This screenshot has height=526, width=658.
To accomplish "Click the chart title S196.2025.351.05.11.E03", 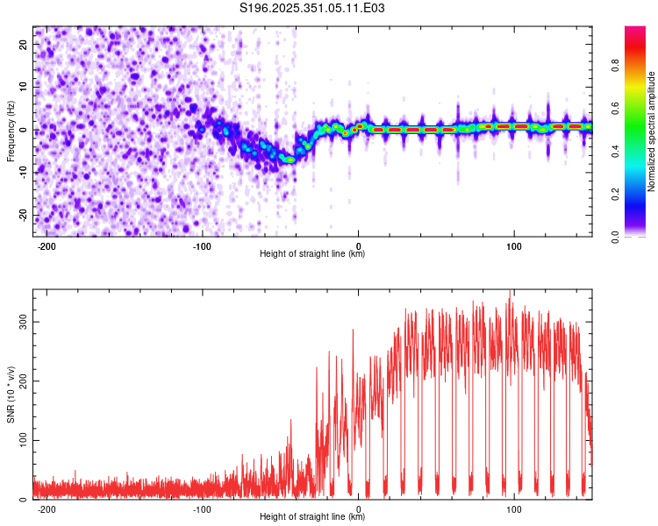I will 313,8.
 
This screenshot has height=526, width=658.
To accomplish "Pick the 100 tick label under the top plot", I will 514,245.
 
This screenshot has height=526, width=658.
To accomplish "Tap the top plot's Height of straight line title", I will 312,254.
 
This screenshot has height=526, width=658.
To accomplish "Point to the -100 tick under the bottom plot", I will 203,508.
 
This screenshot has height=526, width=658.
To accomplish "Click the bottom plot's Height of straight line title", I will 312,517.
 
